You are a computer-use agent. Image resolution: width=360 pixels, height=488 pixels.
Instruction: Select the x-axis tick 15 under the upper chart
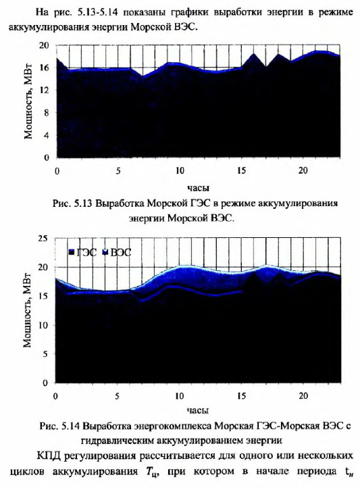(241, 171)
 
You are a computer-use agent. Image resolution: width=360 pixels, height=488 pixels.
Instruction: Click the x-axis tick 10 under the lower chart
(180, 396)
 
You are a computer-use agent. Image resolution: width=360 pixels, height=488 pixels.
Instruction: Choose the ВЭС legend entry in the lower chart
(118, 252)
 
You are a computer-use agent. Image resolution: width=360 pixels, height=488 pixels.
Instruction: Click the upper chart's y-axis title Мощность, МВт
(28, 101)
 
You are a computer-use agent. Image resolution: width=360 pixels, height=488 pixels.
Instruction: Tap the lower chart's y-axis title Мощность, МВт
(28, 310)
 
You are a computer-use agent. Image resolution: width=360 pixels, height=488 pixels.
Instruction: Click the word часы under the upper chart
(198, 188)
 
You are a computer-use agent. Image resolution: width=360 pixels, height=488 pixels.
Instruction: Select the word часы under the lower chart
(198, 410)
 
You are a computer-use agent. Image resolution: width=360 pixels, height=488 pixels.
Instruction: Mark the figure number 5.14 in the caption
(70, 426)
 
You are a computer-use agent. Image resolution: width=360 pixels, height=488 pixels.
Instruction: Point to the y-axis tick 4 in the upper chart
(46, 135)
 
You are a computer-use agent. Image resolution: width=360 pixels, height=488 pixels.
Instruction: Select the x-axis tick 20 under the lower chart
(303, 396)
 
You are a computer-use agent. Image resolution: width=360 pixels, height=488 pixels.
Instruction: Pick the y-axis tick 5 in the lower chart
(45, 354)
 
